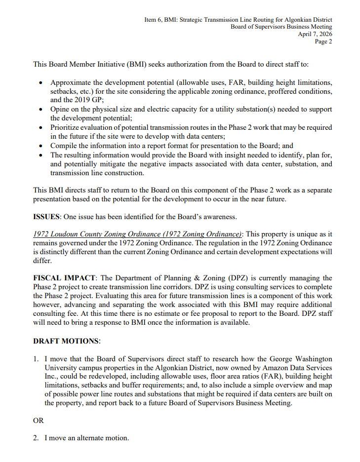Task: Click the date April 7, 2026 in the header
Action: [x=315, y=34]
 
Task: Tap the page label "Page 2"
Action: [x=323, y=41]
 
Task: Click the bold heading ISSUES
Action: [x=46, y=216]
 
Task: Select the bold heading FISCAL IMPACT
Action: [x=64, y=278]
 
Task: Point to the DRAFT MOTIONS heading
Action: [x=67, y=341]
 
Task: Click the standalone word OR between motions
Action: [x=39, y=421]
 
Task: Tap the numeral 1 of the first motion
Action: [x=36, y=359]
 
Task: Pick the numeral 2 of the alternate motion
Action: [x=36, y=438]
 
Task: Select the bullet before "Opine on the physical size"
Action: [x=40, y=110]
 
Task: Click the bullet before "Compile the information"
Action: [x=40, y=146]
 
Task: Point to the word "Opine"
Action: [x=60, y=109]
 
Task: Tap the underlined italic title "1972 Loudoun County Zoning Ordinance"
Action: [x=137, y=234]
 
